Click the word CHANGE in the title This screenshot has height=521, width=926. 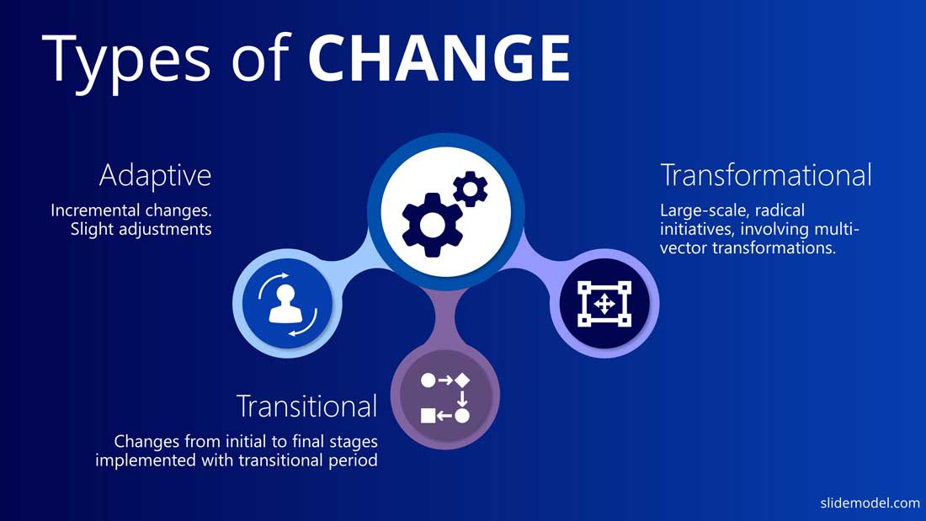[439, 58]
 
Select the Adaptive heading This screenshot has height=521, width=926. [156, 176]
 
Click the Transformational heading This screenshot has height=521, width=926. [766, 175]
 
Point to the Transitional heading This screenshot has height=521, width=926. [306, 406]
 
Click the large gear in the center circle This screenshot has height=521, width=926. [432, 225]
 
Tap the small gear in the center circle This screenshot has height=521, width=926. [471, 189]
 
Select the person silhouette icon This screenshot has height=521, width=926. [286, 305]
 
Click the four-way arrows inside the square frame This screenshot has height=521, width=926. [604, 304]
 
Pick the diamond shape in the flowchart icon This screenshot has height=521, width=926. [462, 380]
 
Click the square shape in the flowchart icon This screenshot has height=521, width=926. [428, 416]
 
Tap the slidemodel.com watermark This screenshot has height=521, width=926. [870, 502]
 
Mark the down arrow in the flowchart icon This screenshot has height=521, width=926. [462, 398]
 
